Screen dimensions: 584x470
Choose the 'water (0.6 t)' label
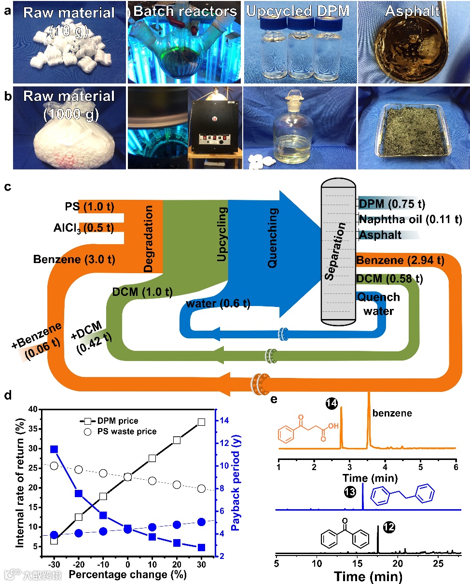click(x=213, y=303)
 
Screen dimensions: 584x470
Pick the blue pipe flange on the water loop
click(x=285, y=334)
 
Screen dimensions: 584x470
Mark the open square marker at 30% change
click(x=201, y=422)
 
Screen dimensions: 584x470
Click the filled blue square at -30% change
click(x=55, y=449)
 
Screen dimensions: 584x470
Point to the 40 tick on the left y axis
click(x=34, y=409)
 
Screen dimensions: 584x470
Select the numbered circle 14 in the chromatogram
click(x=332, y=402)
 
